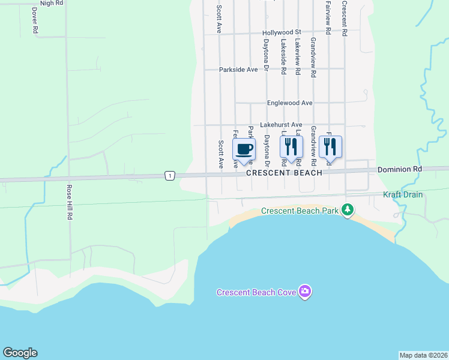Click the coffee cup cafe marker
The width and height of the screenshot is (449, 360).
pos(244,149)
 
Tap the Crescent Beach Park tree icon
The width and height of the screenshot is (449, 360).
pos(347,210)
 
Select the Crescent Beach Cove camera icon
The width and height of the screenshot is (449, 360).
pos(306,292)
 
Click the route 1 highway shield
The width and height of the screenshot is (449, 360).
pos(170,176)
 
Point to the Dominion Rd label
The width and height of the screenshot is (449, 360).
pos(400,170)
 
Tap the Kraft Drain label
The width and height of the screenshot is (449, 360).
pos(403,195)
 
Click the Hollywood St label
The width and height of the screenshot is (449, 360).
pos(281,32)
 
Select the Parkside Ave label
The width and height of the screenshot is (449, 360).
pos(238,70)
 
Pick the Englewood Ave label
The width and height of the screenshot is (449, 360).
pos(290,103)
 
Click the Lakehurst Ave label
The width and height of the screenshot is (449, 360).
pos(281,125)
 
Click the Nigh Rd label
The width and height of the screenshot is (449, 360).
pos(52,3)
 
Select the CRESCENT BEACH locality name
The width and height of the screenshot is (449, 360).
pos(284,172)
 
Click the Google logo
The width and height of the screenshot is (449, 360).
pos(20,353)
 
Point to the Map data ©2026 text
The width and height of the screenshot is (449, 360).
pos(423,355)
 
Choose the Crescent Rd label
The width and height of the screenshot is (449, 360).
pos(345,19)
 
